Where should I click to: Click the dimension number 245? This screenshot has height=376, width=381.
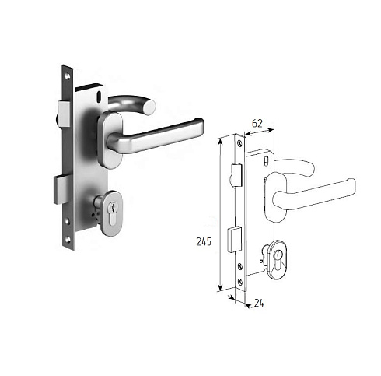point(204,241)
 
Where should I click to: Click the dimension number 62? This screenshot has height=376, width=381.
point(257,124)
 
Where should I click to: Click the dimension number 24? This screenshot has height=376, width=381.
point(259,303)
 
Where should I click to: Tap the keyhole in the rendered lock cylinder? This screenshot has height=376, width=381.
point(112,213)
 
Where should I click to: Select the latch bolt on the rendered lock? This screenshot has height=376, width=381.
point(64,114)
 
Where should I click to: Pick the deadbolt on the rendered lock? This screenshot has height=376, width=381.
point(61,190)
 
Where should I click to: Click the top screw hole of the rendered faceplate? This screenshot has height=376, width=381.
point(68,76)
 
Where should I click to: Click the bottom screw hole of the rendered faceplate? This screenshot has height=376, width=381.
point(68,240)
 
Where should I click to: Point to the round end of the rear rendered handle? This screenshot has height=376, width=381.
point(149,107)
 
